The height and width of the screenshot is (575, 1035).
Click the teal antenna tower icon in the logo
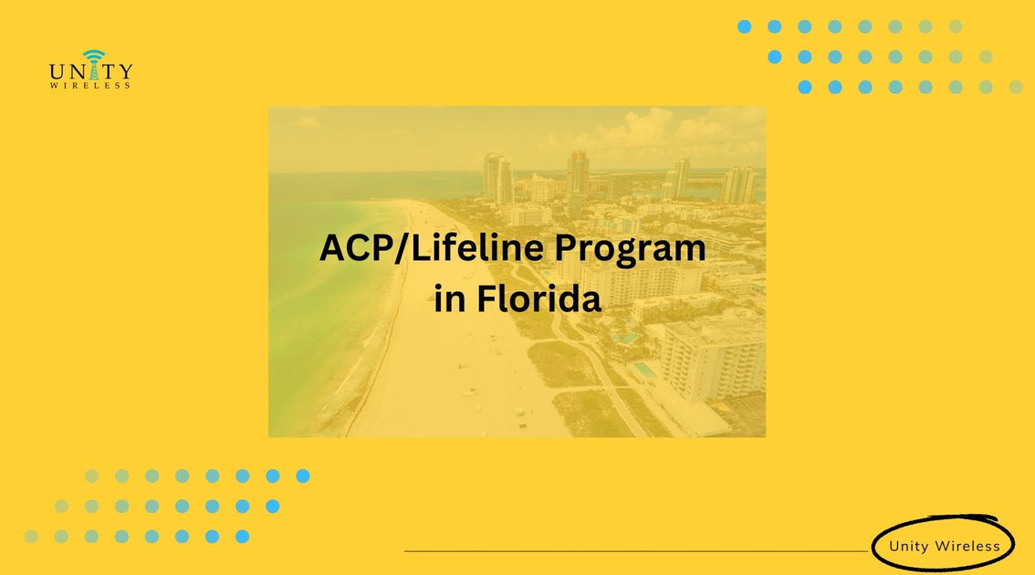tap(92, 62)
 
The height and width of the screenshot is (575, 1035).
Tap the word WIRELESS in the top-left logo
tap(90, 86)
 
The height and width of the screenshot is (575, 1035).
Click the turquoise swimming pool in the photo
tap(643, 370)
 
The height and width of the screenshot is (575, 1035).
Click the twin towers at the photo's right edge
tap(738, 184)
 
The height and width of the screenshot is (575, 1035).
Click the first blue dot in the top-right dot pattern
tap(744, 26)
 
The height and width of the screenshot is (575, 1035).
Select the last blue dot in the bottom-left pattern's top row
tap(302, 476)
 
